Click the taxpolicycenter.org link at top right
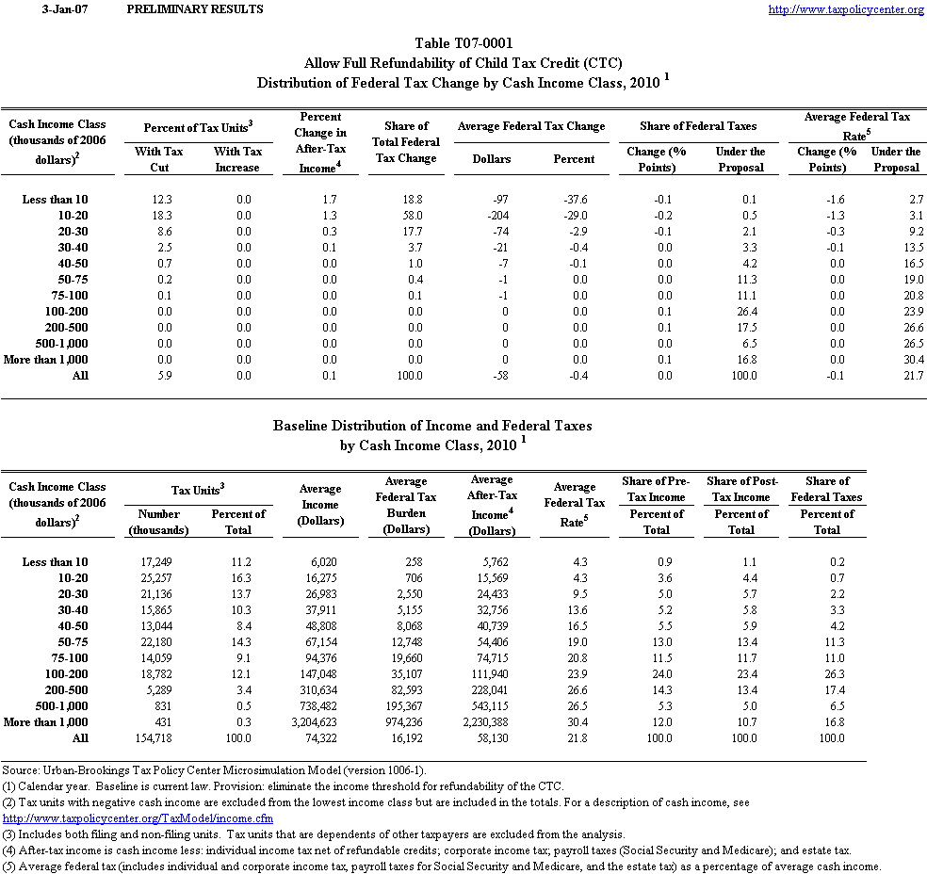846,9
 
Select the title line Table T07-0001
463,43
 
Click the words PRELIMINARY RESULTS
195,9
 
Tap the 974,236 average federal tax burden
406,722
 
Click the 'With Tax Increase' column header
237,159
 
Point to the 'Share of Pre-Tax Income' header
656,489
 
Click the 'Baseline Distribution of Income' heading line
432,426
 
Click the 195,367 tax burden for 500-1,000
406,706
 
